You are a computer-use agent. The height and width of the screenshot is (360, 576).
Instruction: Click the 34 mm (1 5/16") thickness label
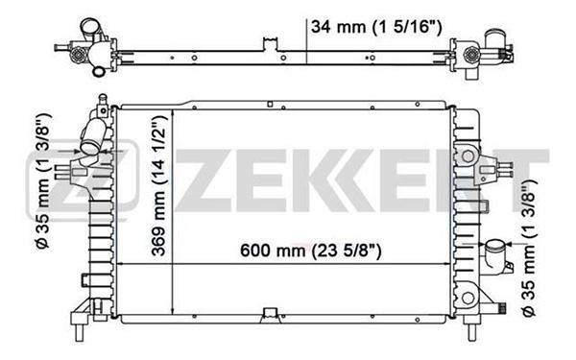(x=376, y=27)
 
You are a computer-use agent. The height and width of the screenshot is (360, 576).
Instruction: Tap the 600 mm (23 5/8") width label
(x=311, y=251)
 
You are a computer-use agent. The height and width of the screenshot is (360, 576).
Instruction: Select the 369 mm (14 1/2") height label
(x=159, y=185)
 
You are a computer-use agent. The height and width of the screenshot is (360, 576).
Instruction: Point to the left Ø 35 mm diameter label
(x=43, y=181)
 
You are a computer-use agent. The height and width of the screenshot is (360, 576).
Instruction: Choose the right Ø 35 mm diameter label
(x=529, y=249)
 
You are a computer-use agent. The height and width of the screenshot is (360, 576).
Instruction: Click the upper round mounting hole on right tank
(x=468, y=156)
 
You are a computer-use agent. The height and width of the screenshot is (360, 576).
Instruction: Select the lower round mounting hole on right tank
(x=468, y=298)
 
